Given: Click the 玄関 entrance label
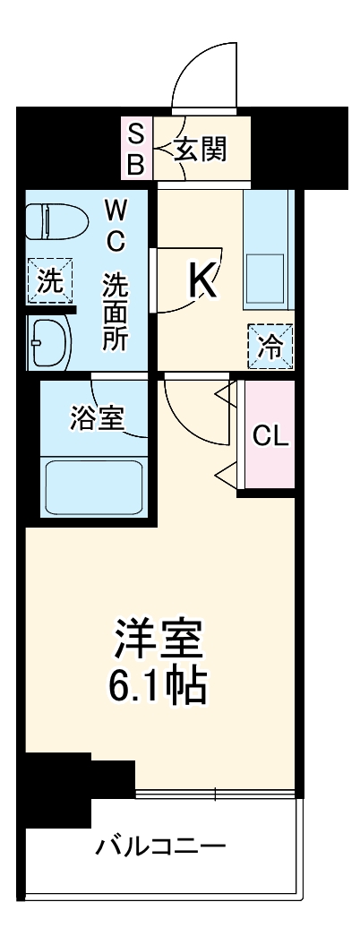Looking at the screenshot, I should tap(200, 150).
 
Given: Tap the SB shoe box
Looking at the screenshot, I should tap(136, 150).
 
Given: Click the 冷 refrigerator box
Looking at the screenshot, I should tap(269, 345).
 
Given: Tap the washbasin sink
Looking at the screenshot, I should tap(49, 341).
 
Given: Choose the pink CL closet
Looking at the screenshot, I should tap(270, 436).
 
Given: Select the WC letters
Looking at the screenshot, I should tap(116, 226).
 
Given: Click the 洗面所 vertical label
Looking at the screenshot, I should tap(116, 310).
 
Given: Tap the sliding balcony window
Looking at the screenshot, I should tap(215, 794).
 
